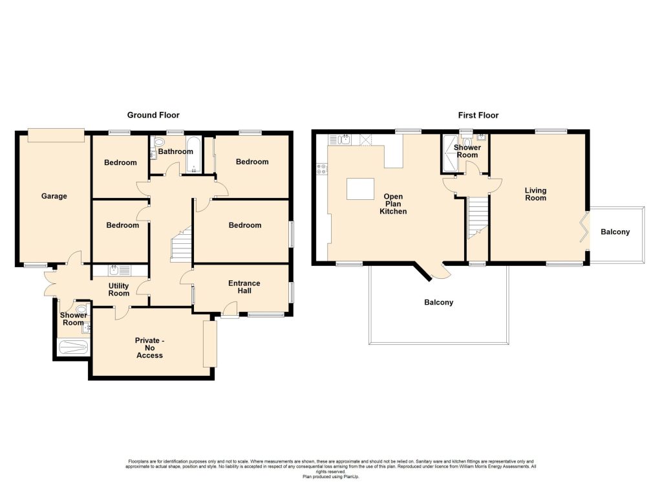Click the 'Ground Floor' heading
pos(153,115)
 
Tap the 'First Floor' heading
pos(478,115)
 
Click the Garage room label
pos(54,196)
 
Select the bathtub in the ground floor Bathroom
pos(193,155)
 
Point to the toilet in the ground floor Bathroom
pos(159,142)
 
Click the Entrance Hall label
pos(244,287)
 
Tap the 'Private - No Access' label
pos(150,348)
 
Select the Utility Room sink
pos(120,270)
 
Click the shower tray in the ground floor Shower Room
pos(72,347)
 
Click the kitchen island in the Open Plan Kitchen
pos(360,189)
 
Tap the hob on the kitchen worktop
pos(322,169)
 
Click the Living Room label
pos(535,194)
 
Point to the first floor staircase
pos(478,218)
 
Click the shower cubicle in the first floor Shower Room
pos(450,153)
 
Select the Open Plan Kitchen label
pos(393,204)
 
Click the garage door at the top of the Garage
pos(56,136)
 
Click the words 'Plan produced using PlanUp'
pos(331,477)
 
